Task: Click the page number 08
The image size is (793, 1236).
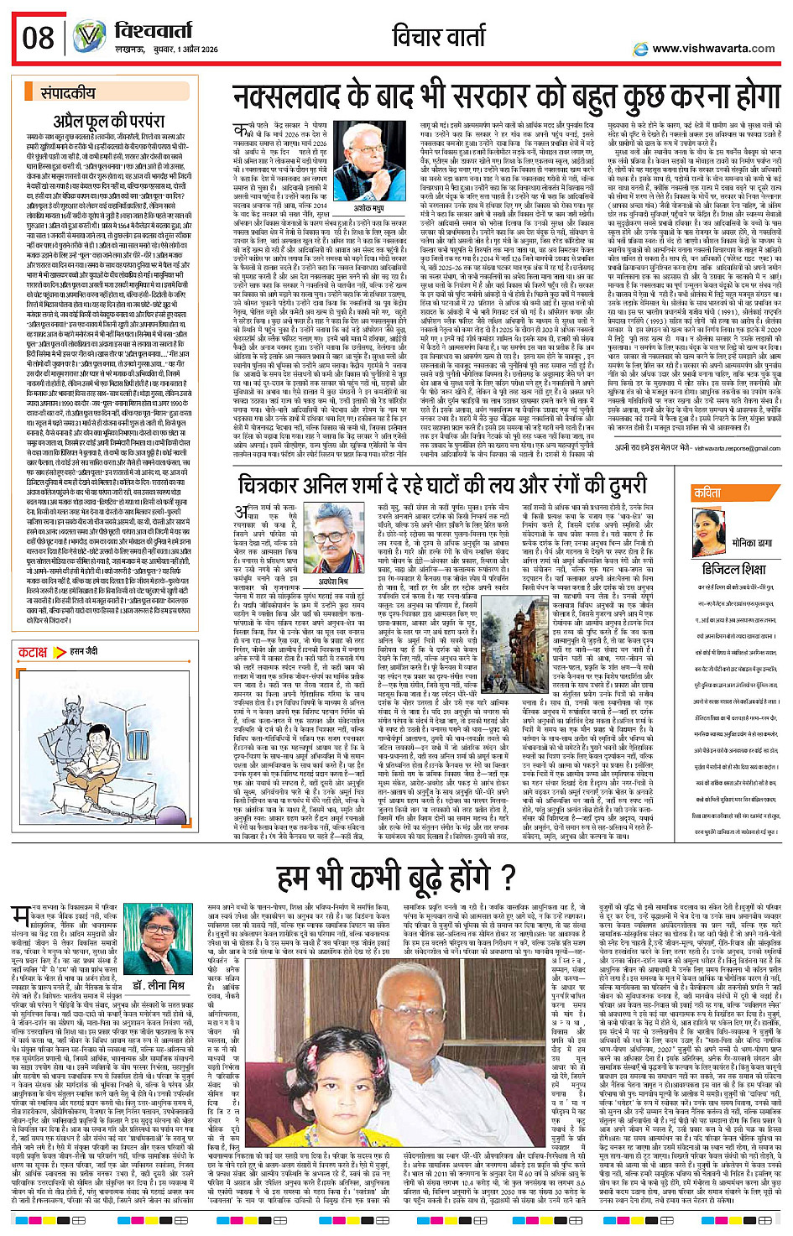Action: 38,38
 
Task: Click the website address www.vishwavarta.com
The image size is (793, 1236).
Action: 712,49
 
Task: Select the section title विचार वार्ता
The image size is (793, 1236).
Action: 438,37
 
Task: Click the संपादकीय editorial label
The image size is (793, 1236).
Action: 68,93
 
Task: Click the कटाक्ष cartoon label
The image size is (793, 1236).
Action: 34,651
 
